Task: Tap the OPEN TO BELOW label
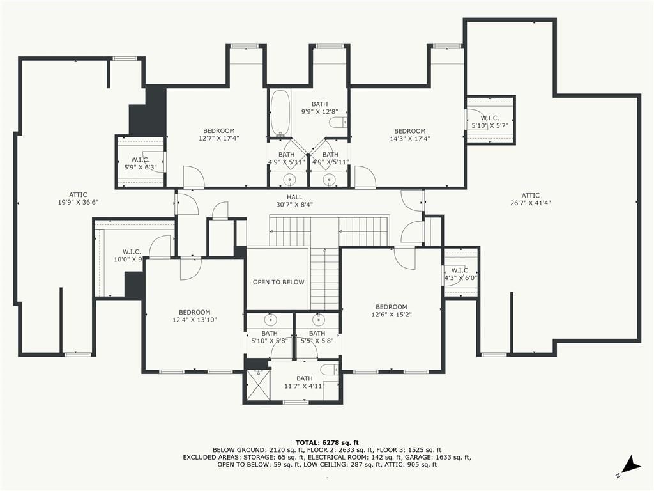[x=278, y=282]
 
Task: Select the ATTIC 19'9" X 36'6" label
[x=78, y=199]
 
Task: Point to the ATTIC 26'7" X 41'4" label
[x=531, y=199]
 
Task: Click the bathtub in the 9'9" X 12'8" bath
[x=280, y=113]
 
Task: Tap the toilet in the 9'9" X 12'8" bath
[x=338, y=122]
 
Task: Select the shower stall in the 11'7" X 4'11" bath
[x=257, y=385]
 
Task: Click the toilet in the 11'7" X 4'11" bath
[x=331, y=370]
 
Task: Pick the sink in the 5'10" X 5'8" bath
[x=270, y=320]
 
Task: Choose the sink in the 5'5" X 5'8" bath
[x=319, y=320]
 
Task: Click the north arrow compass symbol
[x=629, y=467]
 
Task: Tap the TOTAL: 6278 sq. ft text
[x=327, y=442]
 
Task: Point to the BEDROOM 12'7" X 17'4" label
[x=219, y=134]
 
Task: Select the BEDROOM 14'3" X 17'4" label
[x=410, y=135]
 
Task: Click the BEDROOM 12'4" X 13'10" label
[x=195, y=316]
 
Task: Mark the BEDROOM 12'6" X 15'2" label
[x=392, y=311]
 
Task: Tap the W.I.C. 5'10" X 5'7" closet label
[x=490, y=121]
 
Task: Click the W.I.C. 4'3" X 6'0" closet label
[x=460, y=274]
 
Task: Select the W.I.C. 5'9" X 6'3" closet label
[x=141, y=164]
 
